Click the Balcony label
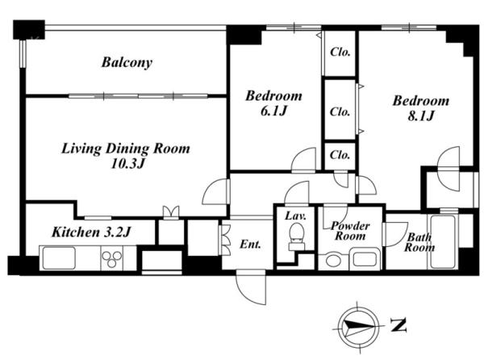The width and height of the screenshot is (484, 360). click(x=127, y=63)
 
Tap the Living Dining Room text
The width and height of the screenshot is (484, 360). click(x=126, y=149)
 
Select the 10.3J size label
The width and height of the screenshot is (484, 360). click(x=127, y=164)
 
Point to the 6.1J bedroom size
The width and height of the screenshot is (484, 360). click(x=273, y=111)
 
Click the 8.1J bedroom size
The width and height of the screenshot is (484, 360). click(x=421, y=115)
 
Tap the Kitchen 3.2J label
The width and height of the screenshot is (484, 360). click(x=91, y=232)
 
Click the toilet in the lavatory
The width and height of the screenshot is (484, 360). click(x=297, y=237)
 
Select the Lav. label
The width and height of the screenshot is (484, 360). click(x=295, y=216)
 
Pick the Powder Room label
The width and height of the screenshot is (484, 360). click(x=350, y=231)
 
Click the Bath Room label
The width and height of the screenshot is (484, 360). click(x=419, y=242)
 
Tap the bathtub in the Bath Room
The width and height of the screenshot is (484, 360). click(x=443, y=242)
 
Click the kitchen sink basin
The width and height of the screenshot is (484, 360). click(x=59, y=257)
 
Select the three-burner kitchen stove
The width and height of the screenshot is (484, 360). click(x=112, y=258)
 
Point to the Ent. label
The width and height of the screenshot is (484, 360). click(x=250, y=245)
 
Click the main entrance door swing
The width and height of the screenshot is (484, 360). click(x=251, y=287)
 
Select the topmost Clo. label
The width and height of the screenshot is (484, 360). click(x=340, y=52)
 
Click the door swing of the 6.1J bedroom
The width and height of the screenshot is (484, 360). click(x=304, y=160)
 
